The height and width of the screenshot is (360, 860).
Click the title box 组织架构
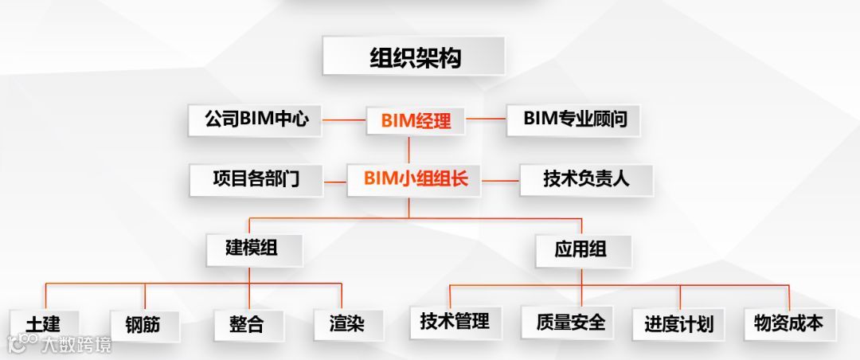pyautogui.click(x=413, y=57)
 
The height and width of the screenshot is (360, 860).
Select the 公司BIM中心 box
pyautogui.click(x=255, y=120)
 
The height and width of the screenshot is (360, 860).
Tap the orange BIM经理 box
pyautogui.click(x=416, y=121)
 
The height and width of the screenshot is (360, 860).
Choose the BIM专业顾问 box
pyautogui.click(x=574, y=119)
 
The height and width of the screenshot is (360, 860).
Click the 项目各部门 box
pyautogui.click(x=256, y=179)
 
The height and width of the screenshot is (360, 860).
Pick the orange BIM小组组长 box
pyautogui.click(x=416, y=179)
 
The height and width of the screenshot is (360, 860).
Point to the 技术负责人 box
pyautogui.click(x=586, y=179)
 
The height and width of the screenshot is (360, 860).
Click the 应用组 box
pyautogui.click(x=581, y=249)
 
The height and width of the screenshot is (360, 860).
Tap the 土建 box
pyautogui.click(x=42, y=323)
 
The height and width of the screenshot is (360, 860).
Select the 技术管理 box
pyautogui.click(x=455, y=322)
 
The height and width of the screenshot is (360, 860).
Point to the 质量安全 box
pyautogui.click(x=570, y=322)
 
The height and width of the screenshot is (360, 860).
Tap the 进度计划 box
pyautogui.click(x=678, y=323)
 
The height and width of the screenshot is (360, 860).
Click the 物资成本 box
pyautogui.click(x=788, y=323)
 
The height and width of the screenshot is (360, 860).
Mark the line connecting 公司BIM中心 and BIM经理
pyautogui.click(x=344, y=121)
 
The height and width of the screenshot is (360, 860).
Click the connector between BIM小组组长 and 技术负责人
pyautogui.click(x=501, y=180)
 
